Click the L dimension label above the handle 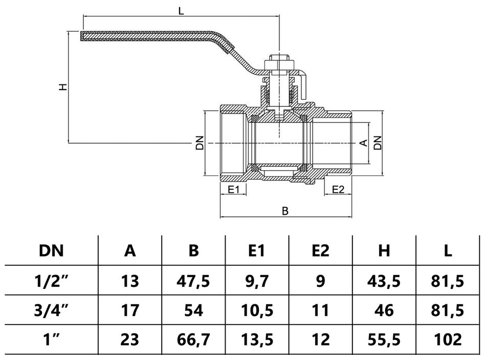(181, 10)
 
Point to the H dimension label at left (62, 87)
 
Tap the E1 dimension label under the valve (234, 190)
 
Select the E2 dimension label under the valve (338, 190)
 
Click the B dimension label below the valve (285, 211)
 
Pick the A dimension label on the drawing (364, 143)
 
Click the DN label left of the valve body (200, 143)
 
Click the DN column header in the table (51, 251)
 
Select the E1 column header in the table (257, 251)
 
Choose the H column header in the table (384, 251)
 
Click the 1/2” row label (51, 281)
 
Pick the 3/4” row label (51, 310)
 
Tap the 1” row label (51, 340)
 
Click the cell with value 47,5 (193, 281)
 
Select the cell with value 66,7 (193, 340)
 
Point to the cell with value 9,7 (257, 281)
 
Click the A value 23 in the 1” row (130, 340)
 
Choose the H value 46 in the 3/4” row (384, 310)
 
